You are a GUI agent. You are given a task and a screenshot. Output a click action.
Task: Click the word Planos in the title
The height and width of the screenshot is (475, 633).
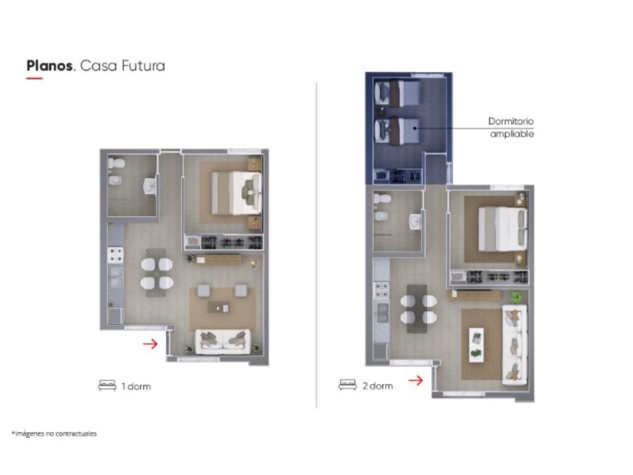click(x=49, y=66)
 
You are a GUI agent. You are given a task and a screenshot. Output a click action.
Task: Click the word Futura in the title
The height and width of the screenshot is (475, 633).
click(x=143, y=66)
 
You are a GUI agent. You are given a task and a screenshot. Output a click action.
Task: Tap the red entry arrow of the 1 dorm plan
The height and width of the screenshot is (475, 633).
click(x=150, y=343)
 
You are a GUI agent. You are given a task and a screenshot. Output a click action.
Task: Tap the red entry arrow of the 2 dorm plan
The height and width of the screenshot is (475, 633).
click(x=415, y=380)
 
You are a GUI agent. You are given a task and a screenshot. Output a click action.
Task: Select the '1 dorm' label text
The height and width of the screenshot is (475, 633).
click(x=136, y=386)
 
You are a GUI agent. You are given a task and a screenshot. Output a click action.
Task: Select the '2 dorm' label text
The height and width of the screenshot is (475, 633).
click(x=377, y=386)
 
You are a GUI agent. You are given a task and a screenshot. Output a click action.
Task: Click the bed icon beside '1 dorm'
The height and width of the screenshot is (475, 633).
click(x=107, y=385)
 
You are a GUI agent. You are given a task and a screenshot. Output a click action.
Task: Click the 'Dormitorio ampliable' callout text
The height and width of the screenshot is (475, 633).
click(x=511, y=128)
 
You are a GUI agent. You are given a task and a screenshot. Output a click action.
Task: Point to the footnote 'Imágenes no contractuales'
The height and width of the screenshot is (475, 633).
click(x=54, y=433)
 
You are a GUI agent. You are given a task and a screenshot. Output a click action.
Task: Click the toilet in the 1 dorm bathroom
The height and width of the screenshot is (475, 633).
click(x=116, y=163)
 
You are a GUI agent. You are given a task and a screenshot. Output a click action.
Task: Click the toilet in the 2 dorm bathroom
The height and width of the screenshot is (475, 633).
click(x=382, y=198)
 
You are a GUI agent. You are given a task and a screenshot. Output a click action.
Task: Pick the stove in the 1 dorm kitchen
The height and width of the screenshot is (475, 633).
click(x=115, y=255)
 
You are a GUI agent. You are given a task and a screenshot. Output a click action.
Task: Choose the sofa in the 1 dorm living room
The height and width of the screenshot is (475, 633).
click(x=223, y=342)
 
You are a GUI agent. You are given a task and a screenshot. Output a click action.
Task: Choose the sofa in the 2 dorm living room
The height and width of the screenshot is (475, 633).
click(x=515, y=345)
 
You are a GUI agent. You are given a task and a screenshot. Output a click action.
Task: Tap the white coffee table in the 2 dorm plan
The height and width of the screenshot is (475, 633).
click(x=476, y=344)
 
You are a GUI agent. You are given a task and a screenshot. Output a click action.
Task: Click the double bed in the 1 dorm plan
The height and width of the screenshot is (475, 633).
click(x=236, y=193)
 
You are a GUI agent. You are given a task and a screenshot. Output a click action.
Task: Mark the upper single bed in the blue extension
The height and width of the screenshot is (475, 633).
click(x=397, y=94)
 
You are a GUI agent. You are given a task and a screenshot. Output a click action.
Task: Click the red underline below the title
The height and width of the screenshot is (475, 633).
click(x=34, y=78)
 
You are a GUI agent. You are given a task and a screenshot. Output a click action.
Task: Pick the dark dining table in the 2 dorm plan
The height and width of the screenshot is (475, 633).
click(x=417, y=309)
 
